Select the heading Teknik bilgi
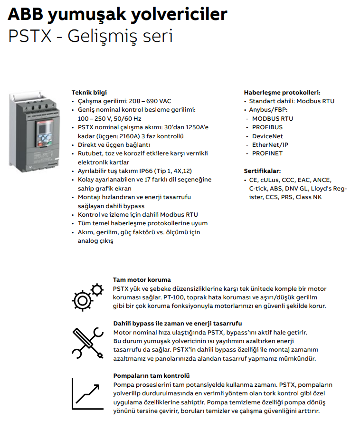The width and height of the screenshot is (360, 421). (89, 93)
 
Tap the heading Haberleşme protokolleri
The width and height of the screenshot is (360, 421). (282, 93)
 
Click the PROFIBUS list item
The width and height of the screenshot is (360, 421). (267, 127)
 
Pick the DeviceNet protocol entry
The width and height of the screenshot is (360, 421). (268, 136)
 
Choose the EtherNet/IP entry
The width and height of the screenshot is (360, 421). (270, 144)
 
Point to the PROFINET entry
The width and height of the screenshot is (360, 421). (267, 153)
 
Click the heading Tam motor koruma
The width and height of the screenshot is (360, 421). (142, 280)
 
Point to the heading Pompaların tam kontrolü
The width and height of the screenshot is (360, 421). (152, 375)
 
